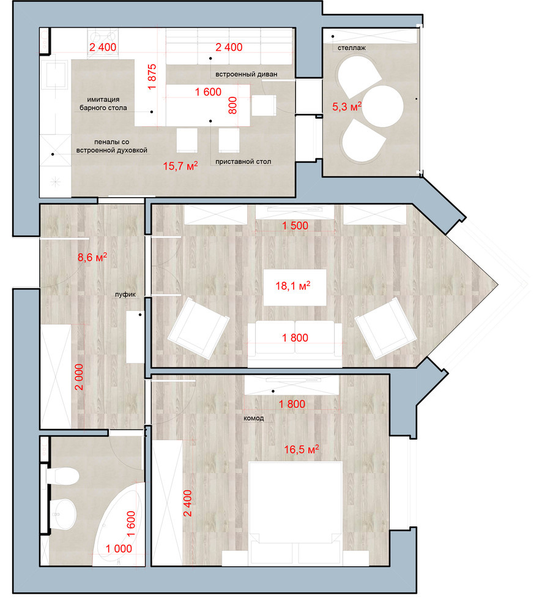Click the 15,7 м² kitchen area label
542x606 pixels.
tap(180, 166)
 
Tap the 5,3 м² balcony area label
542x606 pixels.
tap(347, 107)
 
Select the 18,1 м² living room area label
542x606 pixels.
tap(293, 286)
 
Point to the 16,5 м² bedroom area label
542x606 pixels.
tap(302, 449)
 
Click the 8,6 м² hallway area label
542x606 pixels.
tap(92, 257)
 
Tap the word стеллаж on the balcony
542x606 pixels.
tap(352, 48)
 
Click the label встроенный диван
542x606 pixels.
tap(246, 74)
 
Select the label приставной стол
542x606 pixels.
tap(243, 162)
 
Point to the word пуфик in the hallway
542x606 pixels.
tap(125, 294)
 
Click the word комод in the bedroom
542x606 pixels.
tap(254, 418)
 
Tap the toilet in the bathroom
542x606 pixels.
tap(62, 475)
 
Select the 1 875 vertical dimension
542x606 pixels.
tap(152, 77)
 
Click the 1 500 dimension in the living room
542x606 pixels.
tap(295, 226)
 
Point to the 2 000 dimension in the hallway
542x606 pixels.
tap(79, 377)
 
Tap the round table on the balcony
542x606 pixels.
tap(383, 106)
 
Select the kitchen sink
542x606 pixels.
tap(56, 74)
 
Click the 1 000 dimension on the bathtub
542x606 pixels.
tap(119, 548)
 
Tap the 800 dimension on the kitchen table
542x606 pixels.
tap(232, 105)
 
